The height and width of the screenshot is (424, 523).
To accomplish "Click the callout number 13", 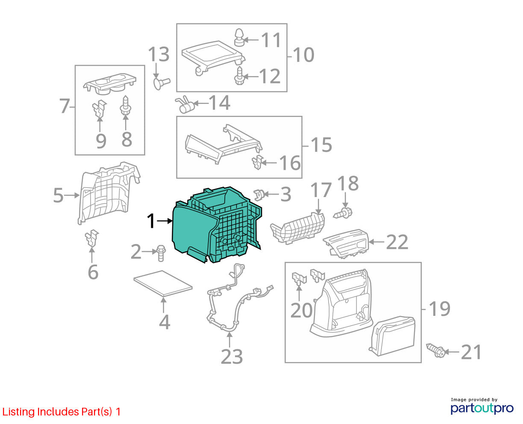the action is pos(159,55).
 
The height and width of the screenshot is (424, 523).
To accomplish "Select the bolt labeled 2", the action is pos(161,253).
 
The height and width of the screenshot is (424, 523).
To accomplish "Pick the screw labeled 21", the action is pos(435,350).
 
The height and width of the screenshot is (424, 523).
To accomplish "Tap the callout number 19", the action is pos(440,309).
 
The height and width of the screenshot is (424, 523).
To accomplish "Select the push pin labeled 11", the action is pos(239,38).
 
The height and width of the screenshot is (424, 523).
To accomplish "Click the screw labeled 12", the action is pos(239,76).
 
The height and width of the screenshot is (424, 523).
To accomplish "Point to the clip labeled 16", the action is pos(257,162).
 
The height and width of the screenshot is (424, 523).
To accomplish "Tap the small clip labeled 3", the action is pos(259,195).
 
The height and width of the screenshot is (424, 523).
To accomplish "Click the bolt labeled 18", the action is pos(343,213).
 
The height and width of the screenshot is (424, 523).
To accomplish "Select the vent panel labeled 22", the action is pos(346,244).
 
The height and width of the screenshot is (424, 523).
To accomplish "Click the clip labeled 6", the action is pos(92,238).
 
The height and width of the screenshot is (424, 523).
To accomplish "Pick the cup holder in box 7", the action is pos(109,84).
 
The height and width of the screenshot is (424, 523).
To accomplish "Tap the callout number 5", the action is pos(59,195).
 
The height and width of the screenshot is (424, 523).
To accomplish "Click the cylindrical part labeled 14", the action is pos(185,105).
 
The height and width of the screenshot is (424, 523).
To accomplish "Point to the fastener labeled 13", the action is pos(162,83).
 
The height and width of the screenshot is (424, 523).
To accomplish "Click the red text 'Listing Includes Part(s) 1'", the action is pos(62,412).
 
